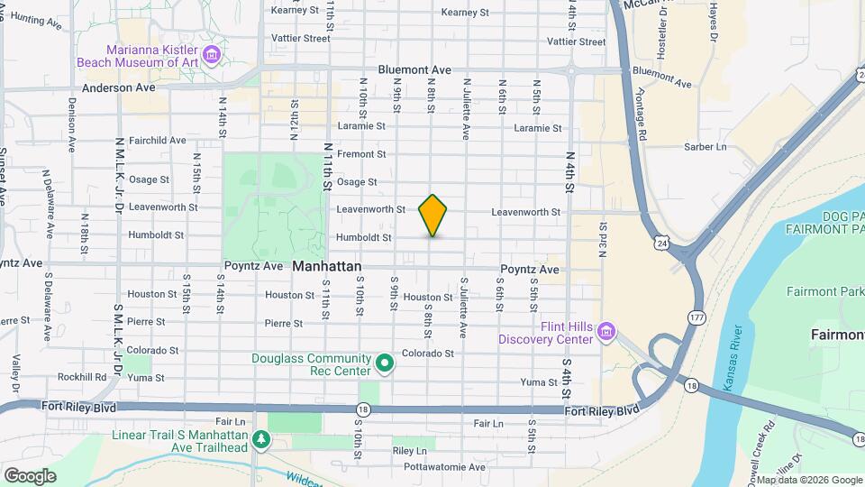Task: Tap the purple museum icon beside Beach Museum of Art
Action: pyautogui.click(x=212, y=56)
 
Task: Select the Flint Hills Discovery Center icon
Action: pyautogui.click(x=607, y=333)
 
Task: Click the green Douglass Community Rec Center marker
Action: pyautogui.click(x=385, y=364)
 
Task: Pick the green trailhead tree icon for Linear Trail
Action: pyautogui.click(x=261, y=440)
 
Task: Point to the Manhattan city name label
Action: pyautogui.click(x=327, y=267)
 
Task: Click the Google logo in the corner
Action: pyautogui.click(x=29, y=475)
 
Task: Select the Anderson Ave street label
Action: pyautogui.click(x=119, y=88)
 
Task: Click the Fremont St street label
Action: pyautogui.click(x=361, y=154)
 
